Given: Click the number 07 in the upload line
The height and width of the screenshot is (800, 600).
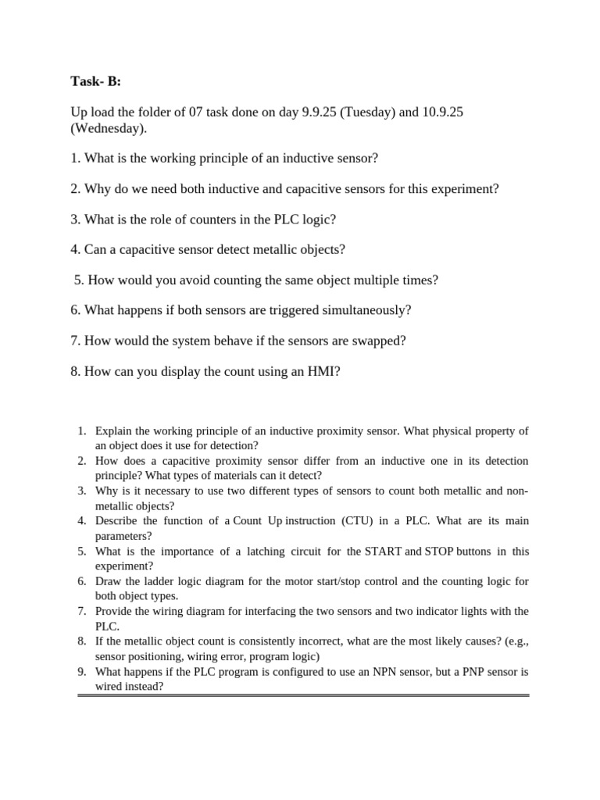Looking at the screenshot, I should [197, 112].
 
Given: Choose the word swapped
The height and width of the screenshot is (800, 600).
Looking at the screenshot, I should [379, 341].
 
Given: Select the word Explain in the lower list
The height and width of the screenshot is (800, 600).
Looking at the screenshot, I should [113, 430].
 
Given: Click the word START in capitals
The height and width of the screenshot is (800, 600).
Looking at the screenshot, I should [383, 551].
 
